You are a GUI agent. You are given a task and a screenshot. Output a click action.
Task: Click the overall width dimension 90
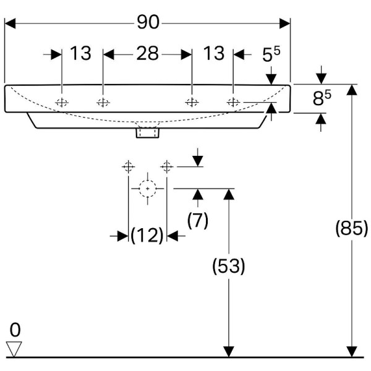click(x=148, y=22)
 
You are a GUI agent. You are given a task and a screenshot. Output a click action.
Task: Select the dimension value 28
click(x=147, y=54)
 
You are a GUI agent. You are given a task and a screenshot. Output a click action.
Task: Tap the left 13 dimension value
click(x=80, y=54)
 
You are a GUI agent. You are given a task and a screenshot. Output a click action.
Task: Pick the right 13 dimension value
click(x=213, y=54)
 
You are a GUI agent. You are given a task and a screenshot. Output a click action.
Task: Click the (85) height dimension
click(x=351, y=228)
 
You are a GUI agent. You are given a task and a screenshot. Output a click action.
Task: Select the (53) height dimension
click(x=229, y=267)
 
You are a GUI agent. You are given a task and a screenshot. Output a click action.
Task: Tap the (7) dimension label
click(x=197, y=220)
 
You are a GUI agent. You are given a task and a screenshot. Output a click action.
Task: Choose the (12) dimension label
click(x=147, y=235)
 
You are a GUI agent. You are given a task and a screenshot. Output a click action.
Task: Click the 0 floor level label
click(x=15, y=329)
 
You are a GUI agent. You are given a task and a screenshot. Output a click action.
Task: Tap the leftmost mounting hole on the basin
click(x=62, y=103)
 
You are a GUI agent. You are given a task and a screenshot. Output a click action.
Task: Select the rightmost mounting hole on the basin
click(x=233, y=103)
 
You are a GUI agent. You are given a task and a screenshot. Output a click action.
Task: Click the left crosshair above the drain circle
click(x=128, y=166)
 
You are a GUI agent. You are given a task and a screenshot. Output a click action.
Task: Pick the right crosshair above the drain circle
click(x=166, y=166)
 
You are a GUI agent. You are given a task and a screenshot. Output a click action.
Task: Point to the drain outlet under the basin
click(x=148, y=131)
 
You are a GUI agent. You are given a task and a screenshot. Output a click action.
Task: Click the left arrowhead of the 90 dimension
click(x=9, y=23)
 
